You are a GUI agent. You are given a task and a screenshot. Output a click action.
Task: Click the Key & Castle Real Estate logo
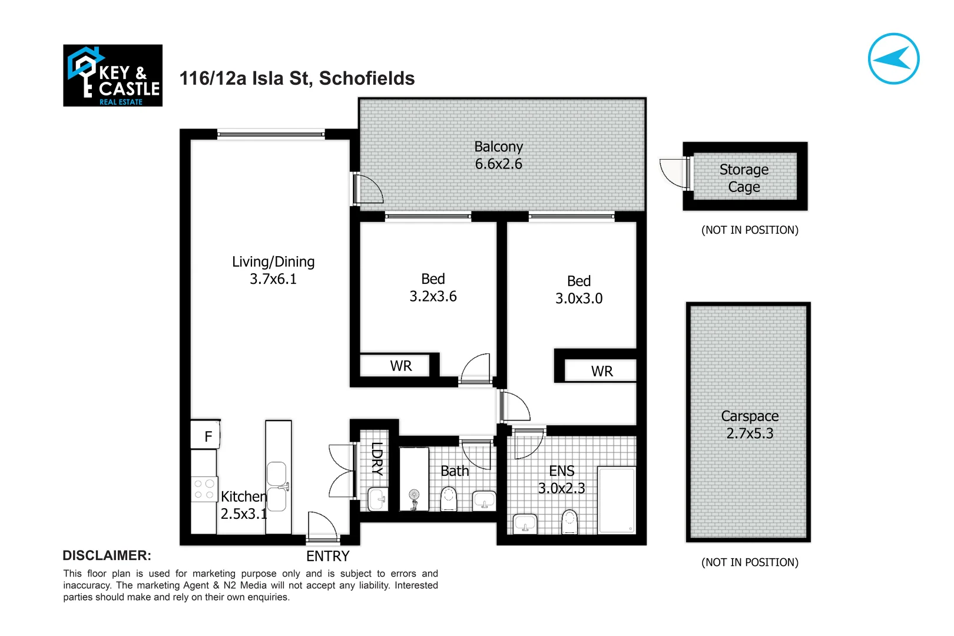[x=112, y=75]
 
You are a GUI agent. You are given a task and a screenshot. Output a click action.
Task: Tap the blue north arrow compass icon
[x=893, y=59]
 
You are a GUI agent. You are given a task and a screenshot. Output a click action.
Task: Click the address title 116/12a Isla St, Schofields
[x=297, y=78]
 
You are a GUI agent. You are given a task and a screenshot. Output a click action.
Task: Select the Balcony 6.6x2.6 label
[x=498, y=155]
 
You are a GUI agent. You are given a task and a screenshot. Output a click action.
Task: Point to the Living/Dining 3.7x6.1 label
[x=273, y=270]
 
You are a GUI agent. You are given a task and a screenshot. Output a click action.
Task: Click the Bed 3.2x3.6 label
[x=433, y=288]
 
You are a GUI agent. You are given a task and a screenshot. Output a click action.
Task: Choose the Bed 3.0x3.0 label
[x=579, y=290]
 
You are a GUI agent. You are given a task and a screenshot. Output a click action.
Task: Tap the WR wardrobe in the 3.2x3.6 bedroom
[x=400, y=366]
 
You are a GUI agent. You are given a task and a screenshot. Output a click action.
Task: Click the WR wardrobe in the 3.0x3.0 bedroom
[x=601, y=371]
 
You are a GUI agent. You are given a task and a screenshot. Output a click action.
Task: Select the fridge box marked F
[x=206, y=436]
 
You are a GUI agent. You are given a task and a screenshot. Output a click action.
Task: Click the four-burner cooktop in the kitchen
[x=204, y=489]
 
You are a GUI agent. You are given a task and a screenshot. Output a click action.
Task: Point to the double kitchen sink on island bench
[x=277, y=486]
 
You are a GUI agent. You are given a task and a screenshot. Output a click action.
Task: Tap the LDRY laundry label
[x=377, y=458]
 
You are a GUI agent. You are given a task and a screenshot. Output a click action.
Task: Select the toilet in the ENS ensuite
[x=569, y=521]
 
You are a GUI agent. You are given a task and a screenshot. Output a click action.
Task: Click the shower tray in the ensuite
[x=617, y=500]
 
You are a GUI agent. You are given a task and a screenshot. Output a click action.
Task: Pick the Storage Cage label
[x=744, y=178]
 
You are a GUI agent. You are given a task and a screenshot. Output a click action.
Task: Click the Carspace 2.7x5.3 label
[x=749, y=425]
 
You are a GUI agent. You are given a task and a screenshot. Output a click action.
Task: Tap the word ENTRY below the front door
[x=327, y=556]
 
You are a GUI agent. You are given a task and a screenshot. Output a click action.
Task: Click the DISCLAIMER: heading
[x=107, y=555]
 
